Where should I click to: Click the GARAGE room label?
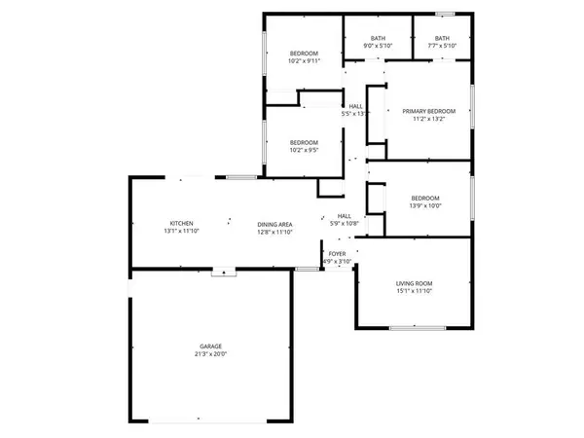[x=211, y=346]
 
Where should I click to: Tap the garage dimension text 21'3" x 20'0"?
[x=211, y=354]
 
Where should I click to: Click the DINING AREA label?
[x=275, y=224]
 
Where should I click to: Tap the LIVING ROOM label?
[x=415, y=283]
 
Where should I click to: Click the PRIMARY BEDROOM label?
[x=429, y=112]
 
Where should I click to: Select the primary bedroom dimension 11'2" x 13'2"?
[x=429, y=121]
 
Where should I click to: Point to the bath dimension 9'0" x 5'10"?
[x=378, y=46]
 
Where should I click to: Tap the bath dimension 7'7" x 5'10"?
[x=442, y=46]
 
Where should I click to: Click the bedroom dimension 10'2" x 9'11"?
[x=305, y=61]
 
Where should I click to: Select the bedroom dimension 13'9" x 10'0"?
[x=424, y=205]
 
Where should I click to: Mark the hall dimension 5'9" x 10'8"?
[x=344, y=224]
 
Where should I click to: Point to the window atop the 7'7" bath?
[x=445, y=14]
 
